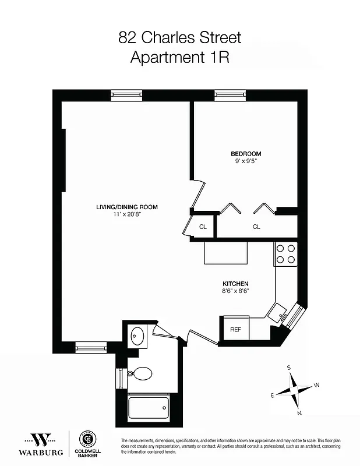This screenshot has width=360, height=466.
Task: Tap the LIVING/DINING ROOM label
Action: pyautogui.click(x=127, y=207)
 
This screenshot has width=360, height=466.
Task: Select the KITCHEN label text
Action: pyautogui.click(x=235, y=283)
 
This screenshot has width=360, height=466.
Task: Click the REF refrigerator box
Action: pyautogui.click(x=235, y=329)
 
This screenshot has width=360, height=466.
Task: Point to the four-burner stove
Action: pyautogui.click(x=285, y=253)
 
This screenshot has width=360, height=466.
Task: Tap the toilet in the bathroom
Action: pyautogui.click(x=140, y=373)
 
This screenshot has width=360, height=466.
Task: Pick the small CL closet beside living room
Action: pyautogui.click(x=203, y=227)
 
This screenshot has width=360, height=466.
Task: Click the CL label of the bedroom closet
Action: pyautogui.click(x=256, y=227)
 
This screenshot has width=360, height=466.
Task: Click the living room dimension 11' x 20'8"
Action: pyautogui.click(x=127, y=214)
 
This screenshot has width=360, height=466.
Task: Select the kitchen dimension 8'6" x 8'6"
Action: pyautogui.click(x=235, y=291)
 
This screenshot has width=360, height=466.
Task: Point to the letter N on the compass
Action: pyautogui.click(x=299, y=413)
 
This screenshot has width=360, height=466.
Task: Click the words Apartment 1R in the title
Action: pyautogui.click(x=179, y=58)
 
